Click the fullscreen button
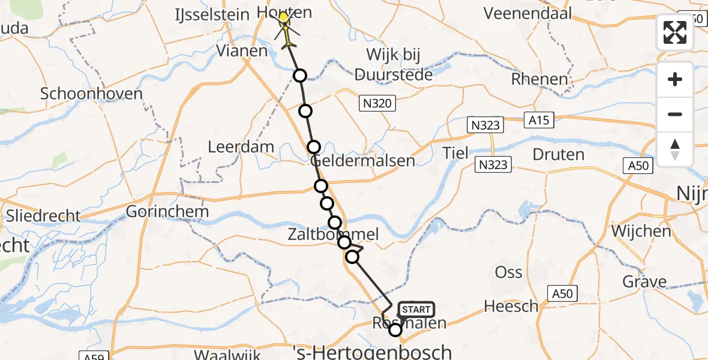click(x=675, y=32)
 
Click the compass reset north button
click(x=675, y=149)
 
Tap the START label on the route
click(x=415, y=310)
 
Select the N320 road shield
click(x=377, y=104)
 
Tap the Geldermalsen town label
click(x=364, y=161)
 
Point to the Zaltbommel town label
click(x=332, y=234)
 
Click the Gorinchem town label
click(x=167, y=211)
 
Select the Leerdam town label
click(x=241, y=147)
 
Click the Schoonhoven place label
click(x=91, y=94)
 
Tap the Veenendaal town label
click(x=529, y=13)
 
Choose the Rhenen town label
click(x=539, y=79)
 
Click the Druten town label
click(x=558, y=154)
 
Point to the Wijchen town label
click(x=641, y=231)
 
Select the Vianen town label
click(x=242, y=51)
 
